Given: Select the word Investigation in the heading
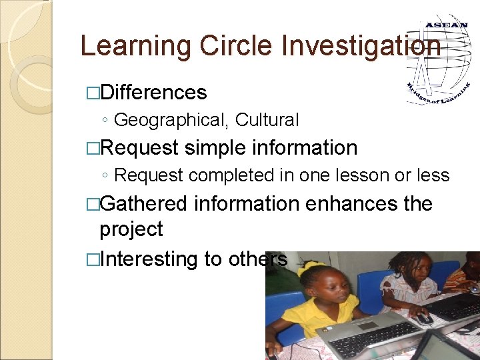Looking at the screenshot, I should tap(361, 46).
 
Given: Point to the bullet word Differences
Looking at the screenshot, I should tap(153, 92).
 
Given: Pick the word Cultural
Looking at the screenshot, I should tap(267, 120).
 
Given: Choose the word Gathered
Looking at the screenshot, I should tap(143, 203).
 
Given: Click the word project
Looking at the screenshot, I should tap(131, 229).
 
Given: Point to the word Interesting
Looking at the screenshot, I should tap(149, 259).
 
